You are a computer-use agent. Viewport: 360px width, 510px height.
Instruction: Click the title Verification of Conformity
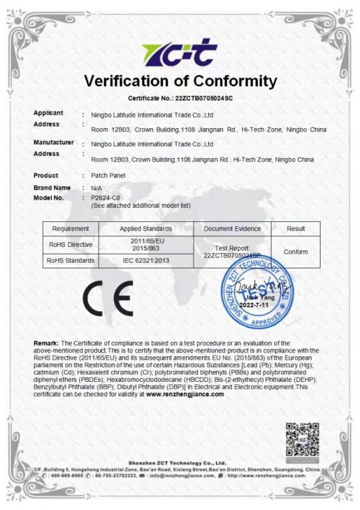180,81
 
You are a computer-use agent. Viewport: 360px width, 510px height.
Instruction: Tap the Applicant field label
48,113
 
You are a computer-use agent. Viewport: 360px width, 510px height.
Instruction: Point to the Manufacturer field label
52,143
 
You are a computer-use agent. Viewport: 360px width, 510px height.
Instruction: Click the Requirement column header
70,228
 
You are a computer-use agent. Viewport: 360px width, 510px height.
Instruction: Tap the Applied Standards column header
146,228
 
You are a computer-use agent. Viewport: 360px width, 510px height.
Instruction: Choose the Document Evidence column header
232,228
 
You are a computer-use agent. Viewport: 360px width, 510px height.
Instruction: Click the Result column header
296,228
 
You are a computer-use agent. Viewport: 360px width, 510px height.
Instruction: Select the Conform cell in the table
296,251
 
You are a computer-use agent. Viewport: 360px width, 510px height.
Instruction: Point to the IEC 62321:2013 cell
146,260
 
